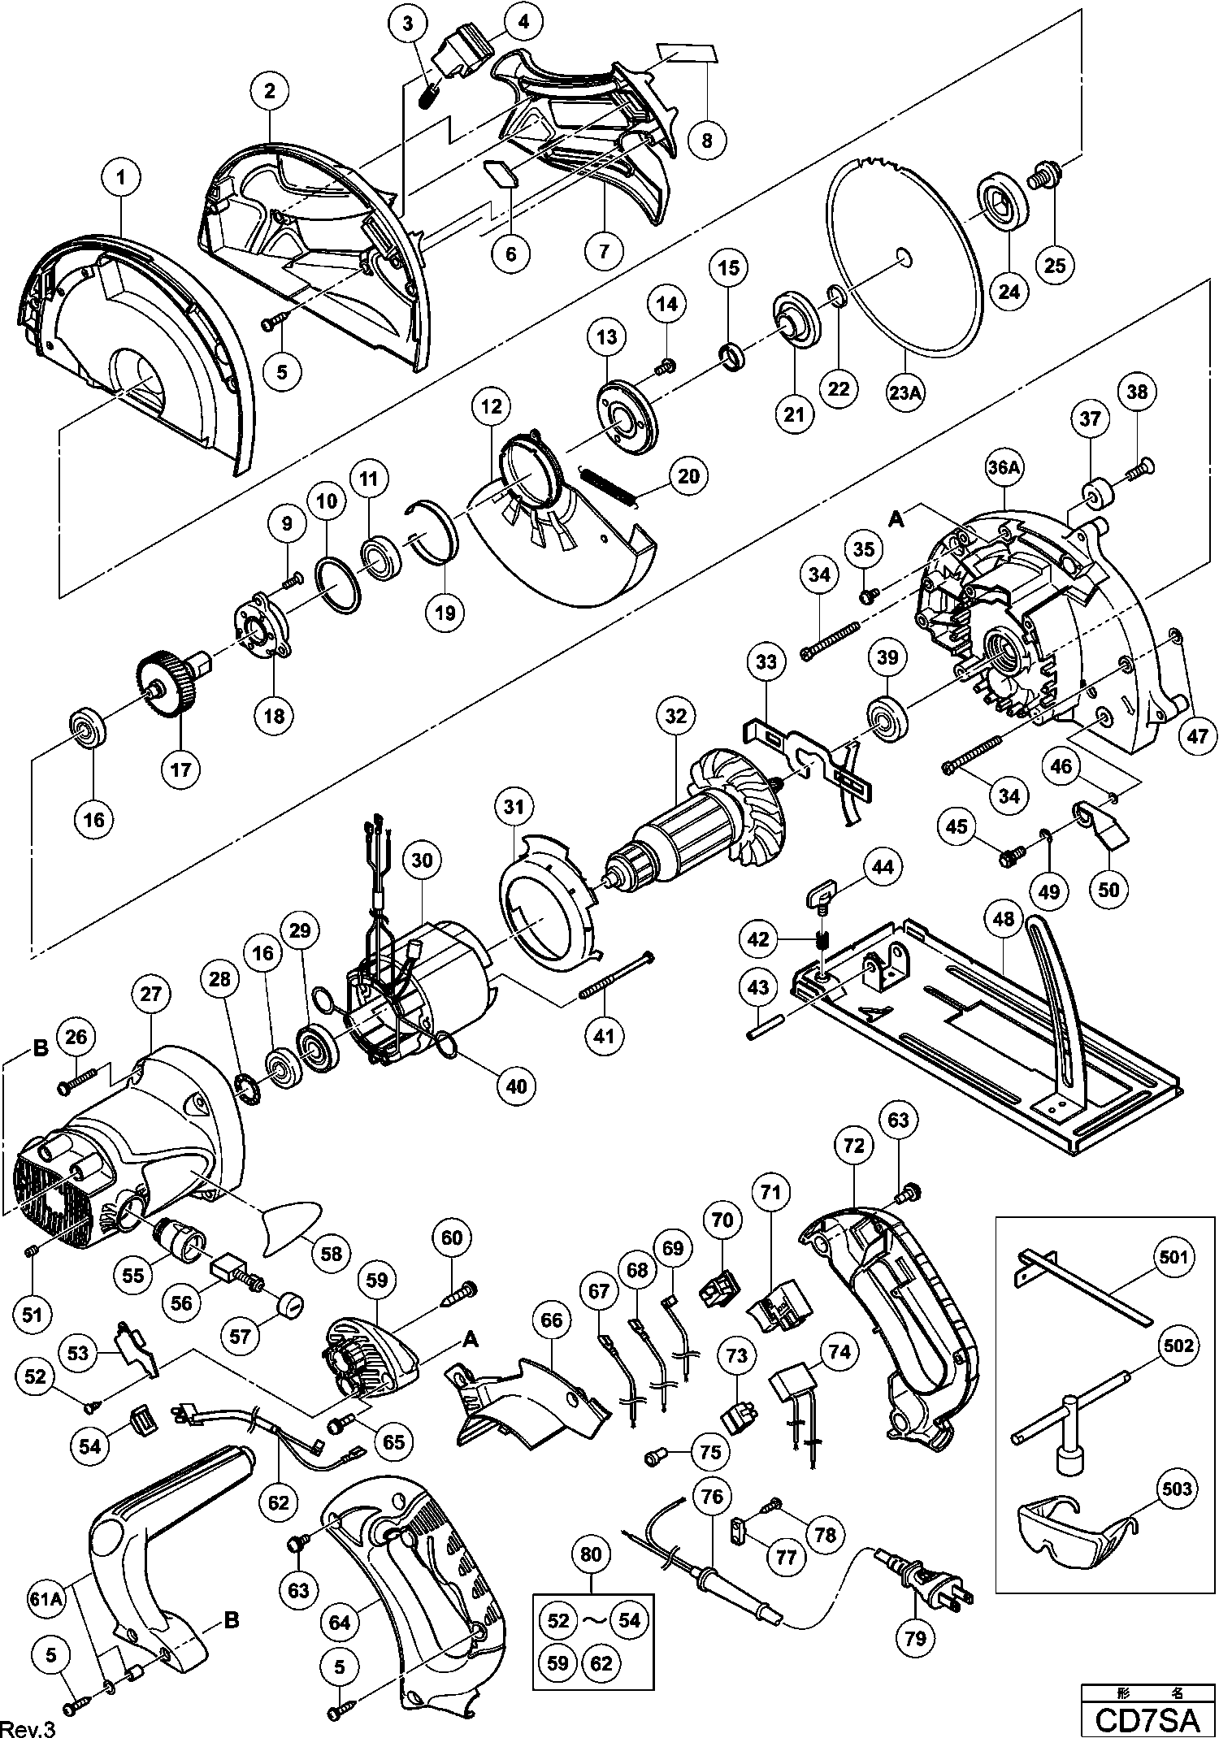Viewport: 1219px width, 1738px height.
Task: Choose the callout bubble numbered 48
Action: point(1004,919)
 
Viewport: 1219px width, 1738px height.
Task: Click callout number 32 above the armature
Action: point(675,716)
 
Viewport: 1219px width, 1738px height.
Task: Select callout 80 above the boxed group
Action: point(591,1554)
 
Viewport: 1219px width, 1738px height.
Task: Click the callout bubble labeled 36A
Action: point(1004,469)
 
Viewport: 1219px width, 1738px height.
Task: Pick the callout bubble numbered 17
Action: point(180,769)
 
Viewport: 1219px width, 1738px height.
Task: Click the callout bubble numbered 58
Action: point(331,1254)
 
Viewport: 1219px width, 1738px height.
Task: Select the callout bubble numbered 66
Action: point(551,1320)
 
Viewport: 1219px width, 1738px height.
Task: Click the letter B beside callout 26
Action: point(41,1048)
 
